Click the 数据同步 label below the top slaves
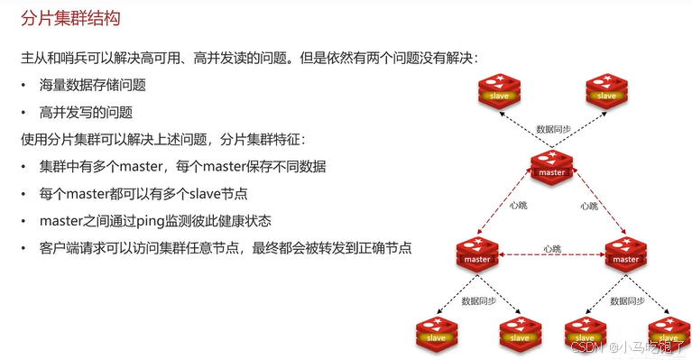click(x=552, y=129)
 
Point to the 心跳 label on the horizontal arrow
click(x=552, y=248)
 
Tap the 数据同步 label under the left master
click(x=477, y=300)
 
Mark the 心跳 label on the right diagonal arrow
click(x=588, y=206)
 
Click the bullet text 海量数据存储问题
click(x=92, y=86)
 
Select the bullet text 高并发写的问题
click(x=86, y=113)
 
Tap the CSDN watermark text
click(x=586, y=346)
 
